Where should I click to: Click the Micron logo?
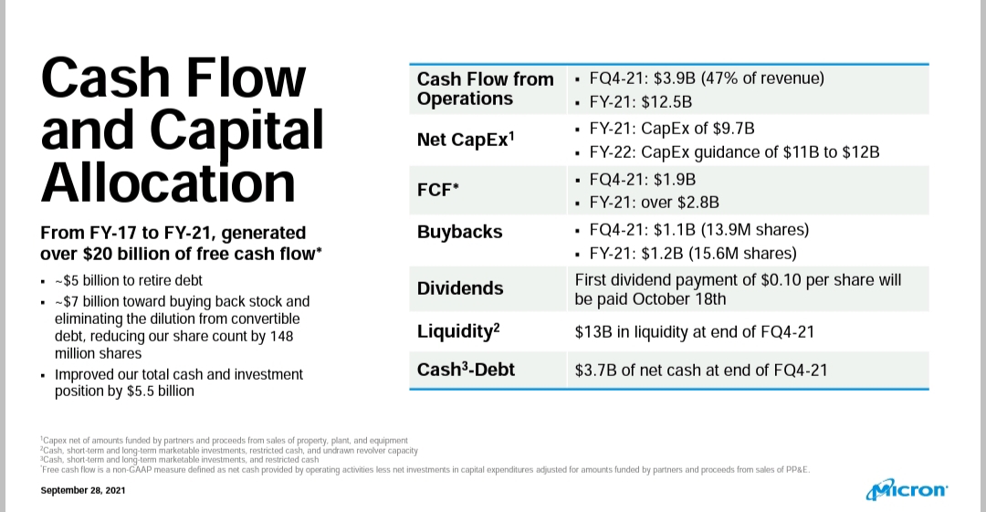click(x=907, y=489)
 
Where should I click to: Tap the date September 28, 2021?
click(x=83, y=490)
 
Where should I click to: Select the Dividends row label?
click(x=460, y=288)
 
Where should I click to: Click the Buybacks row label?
click(x=459, y=232)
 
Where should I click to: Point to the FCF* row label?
click(x=437, y=189)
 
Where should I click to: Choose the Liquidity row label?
click(x=458, y=331)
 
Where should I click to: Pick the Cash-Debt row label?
click(x=466, y=369)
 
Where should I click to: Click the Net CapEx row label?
click(x=466, y=139)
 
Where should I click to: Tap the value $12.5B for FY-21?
click(x=666, y=102)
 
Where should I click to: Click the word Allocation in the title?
click(x=168, y=183)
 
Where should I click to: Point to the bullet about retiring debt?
click(x=129, y=280)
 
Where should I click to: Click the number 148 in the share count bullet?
click(x=282, y=336)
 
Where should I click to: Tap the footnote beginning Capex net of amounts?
click(x=224, y=440)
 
